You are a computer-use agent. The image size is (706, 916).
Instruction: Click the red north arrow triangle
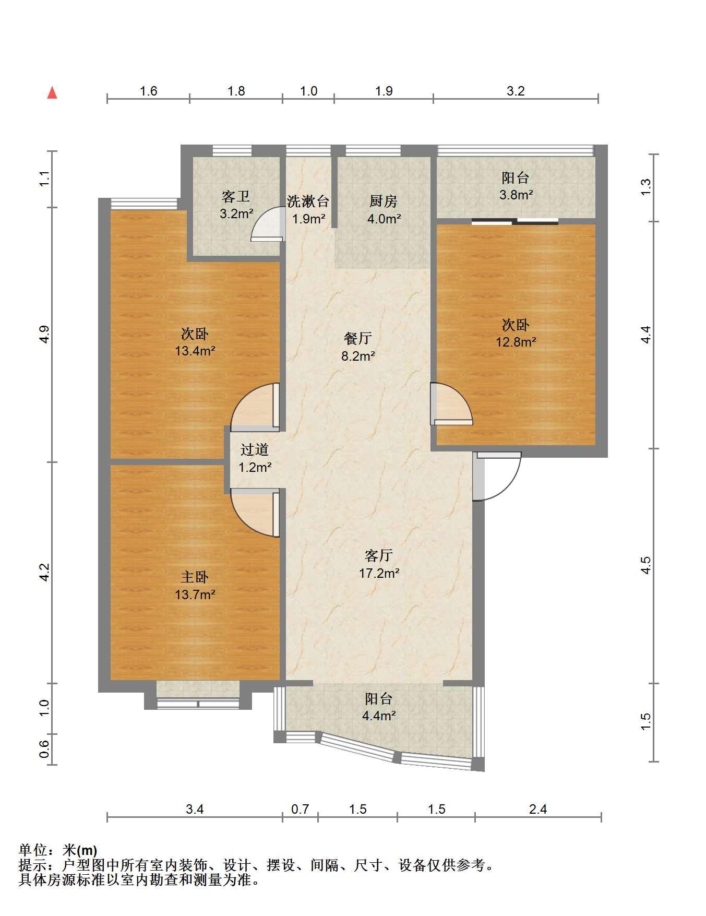click(x=52, y=93)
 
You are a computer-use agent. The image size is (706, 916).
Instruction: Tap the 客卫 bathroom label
click(x=236, y=197)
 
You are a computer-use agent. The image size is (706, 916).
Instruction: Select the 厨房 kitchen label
click(x=384, y=201)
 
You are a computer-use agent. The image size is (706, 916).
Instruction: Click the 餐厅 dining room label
click(x=358, y=339)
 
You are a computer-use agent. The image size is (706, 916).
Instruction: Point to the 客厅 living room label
click(x=379, y=555)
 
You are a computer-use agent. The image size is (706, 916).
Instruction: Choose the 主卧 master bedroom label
click(x=195, y=577)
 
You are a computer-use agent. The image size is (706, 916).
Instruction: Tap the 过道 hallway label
click(x=255, y=449)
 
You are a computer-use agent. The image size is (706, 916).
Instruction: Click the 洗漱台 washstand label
click(x=308, y=201)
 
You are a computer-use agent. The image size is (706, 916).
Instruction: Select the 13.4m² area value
click(x=195, y=351)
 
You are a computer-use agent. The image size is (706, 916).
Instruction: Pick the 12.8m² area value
click(x=516, y=342)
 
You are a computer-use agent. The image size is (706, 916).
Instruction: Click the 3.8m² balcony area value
click(x=516, y=195)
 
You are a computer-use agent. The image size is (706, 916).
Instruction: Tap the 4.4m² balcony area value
click(x=379, y=716)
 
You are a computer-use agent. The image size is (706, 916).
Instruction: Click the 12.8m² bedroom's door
click(x=451, y=404)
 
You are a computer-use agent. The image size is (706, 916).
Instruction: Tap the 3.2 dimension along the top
click(x=516, y=91)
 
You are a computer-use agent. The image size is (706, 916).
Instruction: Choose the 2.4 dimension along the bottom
click(x=538, y=809)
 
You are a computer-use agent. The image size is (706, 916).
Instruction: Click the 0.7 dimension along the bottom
click(x=300, y=809)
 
